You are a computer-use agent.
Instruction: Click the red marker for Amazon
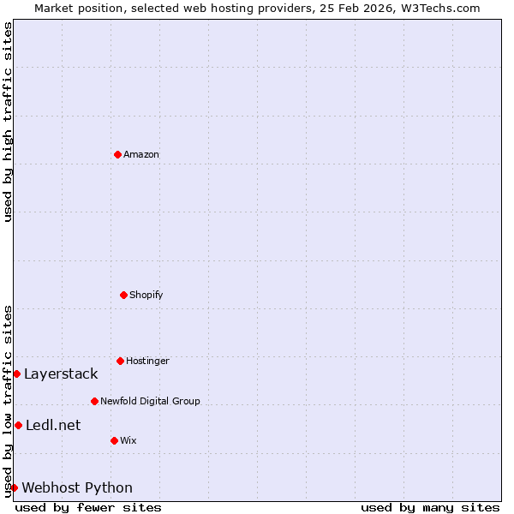[117, 154]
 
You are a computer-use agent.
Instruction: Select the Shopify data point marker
[123, 295]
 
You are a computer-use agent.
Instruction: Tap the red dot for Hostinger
[120, 361]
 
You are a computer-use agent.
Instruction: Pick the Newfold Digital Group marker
[94, 401]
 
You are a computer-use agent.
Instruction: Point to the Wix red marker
[114, 440]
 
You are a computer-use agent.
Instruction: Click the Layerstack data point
[16, 374]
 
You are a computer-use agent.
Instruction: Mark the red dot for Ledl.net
[18, 425]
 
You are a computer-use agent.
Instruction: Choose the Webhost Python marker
[14, 487]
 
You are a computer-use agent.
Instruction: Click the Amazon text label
[141, 154]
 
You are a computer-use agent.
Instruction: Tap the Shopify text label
[146, 295]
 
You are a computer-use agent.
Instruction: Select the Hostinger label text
[147, 361]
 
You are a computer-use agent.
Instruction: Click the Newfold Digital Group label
[150, 401]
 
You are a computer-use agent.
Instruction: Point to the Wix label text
[128, 440]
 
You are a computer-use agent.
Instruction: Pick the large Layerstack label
[61, 374]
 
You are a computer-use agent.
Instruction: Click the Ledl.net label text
[53, 425]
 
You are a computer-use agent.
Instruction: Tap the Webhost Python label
[77, 487]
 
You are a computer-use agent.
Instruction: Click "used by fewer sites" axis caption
[88, 507]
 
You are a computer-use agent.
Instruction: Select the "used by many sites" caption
[430, 507]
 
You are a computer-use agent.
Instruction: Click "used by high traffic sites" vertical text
[8, 122]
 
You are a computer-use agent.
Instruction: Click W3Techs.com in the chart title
[439, 8]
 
